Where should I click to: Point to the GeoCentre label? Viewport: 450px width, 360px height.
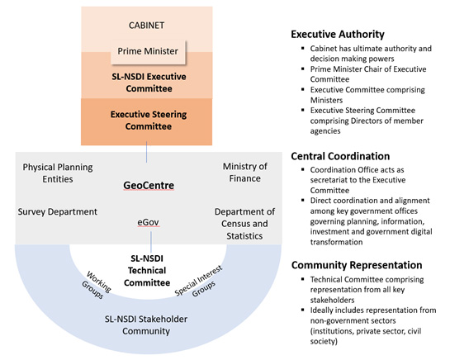click(x=148, y=187)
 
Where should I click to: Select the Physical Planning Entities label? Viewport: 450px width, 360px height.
click(x=57, y=173)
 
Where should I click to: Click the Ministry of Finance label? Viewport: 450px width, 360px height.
click(x=245, y=173)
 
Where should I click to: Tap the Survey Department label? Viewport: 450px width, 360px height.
click(x=57, y=211)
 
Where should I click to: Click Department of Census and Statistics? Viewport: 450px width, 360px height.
click(x=241, y=224)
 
